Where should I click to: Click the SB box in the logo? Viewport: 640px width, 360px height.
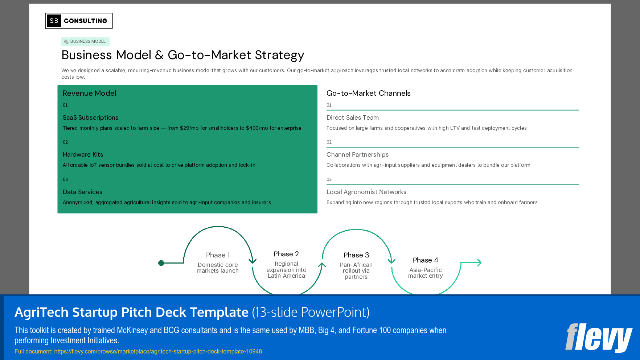point(54,21)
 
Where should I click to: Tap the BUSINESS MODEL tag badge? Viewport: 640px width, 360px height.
point(85,41)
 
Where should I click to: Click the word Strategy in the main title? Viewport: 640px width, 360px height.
point(279,55)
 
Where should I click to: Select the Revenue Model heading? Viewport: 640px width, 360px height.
point(89,93)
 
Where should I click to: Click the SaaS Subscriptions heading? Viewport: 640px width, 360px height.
point(90,117)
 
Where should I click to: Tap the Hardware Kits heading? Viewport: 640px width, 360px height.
point(83,154)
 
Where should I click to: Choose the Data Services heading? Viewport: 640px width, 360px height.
point(82,192)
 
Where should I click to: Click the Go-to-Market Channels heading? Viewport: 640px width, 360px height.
point(368,93)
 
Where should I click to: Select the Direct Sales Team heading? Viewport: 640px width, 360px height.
point(352,117)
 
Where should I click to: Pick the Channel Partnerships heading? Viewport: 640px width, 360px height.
point(357,154)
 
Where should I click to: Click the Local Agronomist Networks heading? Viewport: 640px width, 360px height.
point(366,192)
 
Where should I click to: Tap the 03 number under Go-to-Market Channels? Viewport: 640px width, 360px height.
point(329,179)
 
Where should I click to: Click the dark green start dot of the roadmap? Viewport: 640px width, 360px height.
point(161,263)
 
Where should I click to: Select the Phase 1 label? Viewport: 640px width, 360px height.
point(218,255)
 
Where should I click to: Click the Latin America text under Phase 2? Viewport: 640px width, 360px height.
point(286,276)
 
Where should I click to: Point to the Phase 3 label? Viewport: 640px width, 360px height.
point(356,255)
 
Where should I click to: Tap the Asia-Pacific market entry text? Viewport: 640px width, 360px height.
point(425,273)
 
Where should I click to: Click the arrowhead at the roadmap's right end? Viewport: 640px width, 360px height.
point(479,262)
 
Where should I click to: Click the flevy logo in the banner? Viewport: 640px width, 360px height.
point(598,338)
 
